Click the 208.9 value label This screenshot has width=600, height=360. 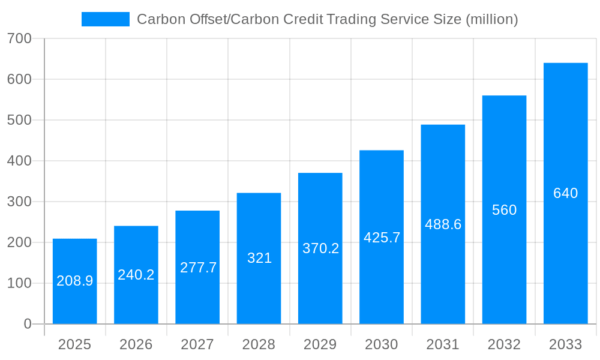coord(74,281)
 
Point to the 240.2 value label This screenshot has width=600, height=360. coord(136,275)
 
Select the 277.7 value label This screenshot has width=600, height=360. coord(198,268)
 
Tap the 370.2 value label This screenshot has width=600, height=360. coord(320,248)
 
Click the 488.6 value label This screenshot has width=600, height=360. coord(443,224)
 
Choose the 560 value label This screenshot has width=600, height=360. coord(504,210)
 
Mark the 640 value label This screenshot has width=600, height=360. coord(565,193)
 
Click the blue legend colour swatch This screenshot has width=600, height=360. coord(105,19)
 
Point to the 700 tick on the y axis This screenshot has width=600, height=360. coord(19,38)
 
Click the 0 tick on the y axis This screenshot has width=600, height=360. coord(28,324)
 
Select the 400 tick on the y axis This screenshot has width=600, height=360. coord(19,161)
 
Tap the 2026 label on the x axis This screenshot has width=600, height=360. coord(136,344)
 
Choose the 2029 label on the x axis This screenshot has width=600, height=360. coord(320,344)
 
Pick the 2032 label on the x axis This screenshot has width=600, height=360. coord(504,344)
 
